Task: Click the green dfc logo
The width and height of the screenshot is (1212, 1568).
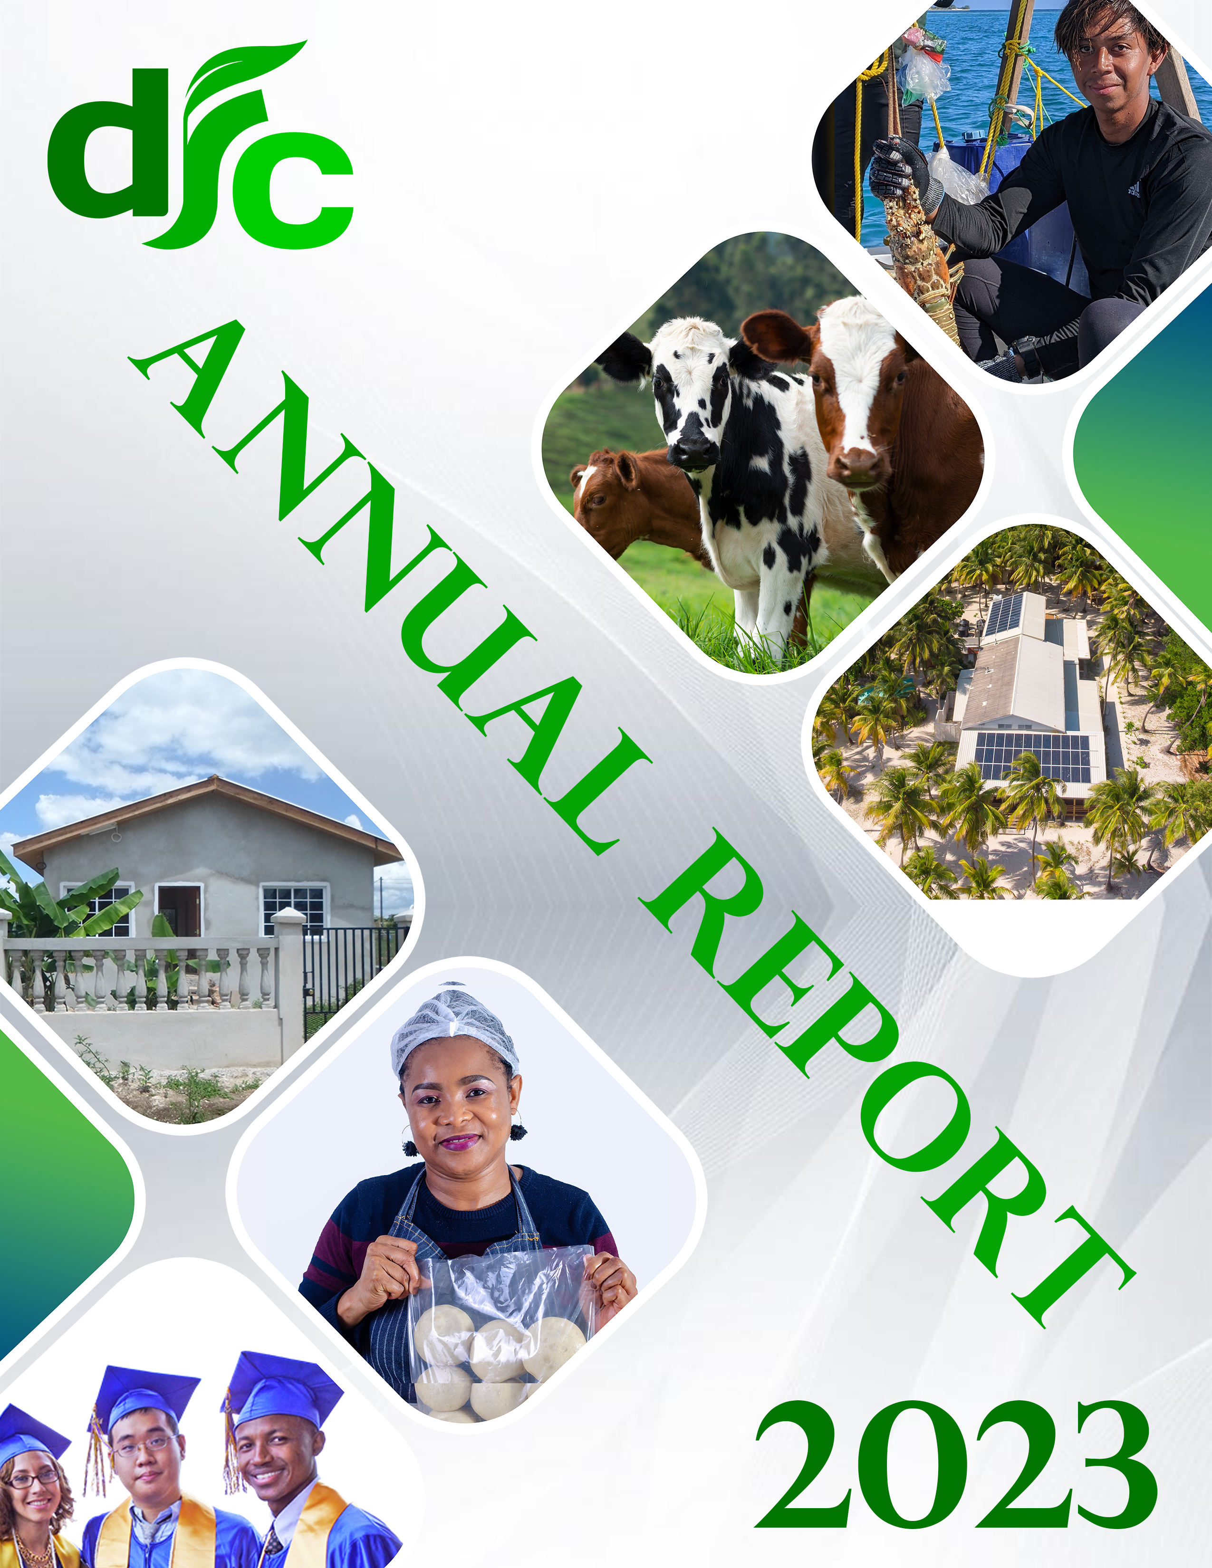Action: pyautogui.click(x=201, y=147)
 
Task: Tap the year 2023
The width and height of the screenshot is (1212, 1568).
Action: pyautogui.click(x=956, y=1464)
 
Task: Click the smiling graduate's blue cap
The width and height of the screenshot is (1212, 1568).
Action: pyautogui.click(x=284, y=1387)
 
